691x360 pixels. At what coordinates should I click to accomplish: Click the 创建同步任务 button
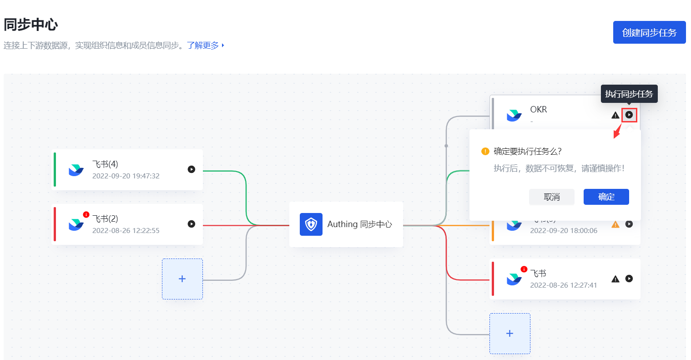tap(649, 32)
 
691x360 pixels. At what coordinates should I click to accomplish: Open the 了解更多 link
tap(203, 46)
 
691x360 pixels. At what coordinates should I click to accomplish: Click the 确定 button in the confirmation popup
tap(606, 197)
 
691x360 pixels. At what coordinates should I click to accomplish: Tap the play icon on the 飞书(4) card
tap(192, 169)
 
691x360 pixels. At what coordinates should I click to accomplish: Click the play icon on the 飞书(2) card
tap(192, 224)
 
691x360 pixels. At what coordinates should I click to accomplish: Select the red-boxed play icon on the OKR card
tap(629, 115)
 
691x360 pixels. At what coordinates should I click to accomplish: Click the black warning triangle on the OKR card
tap(615, 115)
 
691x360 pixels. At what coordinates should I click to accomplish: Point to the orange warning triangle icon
tap(615, 224)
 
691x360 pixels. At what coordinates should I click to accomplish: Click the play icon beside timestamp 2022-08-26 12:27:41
tap(629, 279)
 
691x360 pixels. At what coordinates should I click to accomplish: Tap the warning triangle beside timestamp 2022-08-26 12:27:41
tap(615, 279)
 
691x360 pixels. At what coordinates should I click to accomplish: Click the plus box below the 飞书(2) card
tap(182, 279)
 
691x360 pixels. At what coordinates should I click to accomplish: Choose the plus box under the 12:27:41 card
tap(510, 334)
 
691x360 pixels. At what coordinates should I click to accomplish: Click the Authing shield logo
tap(311, 224)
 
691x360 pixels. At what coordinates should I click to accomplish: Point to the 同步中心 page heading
tap(31, 25)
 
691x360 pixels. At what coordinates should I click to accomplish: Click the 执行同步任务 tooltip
tap(629, 94)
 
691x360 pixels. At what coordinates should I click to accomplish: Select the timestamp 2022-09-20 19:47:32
tap(126, 176)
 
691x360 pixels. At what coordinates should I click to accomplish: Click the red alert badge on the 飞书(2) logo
tap(86, 214)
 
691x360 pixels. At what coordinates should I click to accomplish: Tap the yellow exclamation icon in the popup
tap(485, 151)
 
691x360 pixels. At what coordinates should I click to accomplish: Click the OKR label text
tap(539, 109)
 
